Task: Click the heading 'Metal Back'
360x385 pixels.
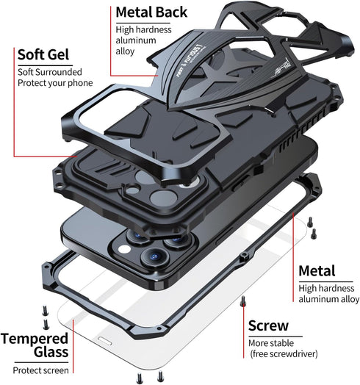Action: (x=151, y=12)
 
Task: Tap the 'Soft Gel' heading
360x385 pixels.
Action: (x=43, y=54)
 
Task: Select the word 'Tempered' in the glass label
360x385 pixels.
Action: (x=35, y=339)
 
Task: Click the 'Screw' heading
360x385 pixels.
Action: (x=268, y=325)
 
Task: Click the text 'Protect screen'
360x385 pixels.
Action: (x=40, y=370)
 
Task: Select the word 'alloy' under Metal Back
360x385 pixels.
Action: (x=125, y=51)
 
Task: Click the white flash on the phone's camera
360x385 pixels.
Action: (x=124, y=249)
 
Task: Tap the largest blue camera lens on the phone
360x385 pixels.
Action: (x=155, y=257)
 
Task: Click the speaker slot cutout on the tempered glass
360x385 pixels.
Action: (x=105, y=341)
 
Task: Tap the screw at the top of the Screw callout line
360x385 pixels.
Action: (x=242, y=301)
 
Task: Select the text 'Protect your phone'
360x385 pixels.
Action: (x=55, y=83)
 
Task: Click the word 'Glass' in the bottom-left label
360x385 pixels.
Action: (x=51, y=352)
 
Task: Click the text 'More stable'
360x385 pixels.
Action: (x=271, y=343)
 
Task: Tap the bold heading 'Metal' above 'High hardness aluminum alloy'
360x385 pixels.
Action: (x=317, y=271)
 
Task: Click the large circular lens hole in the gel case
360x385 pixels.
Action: (x=164, y=198)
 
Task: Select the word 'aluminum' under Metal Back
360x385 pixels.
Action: (x=136, y=40)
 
